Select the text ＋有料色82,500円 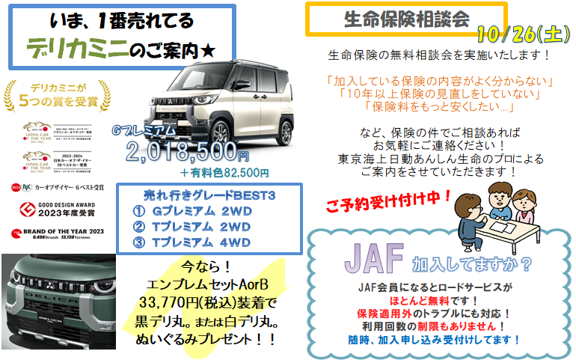(x=224, y=173)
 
